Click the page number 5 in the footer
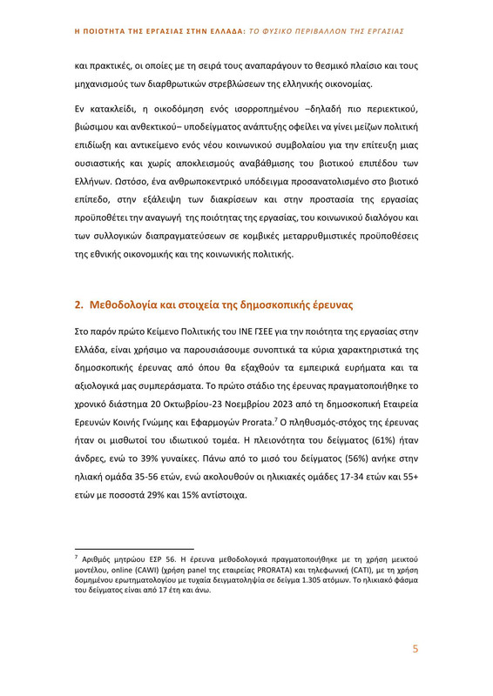click(x=415, y=648)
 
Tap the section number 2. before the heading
click(x=78, y=304)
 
